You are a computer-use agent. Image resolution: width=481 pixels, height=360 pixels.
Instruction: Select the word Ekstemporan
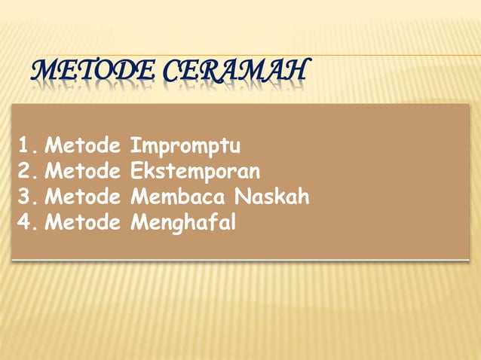point(195,172)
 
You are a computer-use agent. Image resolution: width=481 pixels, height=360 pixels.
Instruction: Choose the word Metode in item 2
point(83,172)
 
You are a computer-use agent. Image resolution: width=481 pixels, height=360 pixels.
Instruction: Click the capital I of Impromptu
point(133,145)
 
